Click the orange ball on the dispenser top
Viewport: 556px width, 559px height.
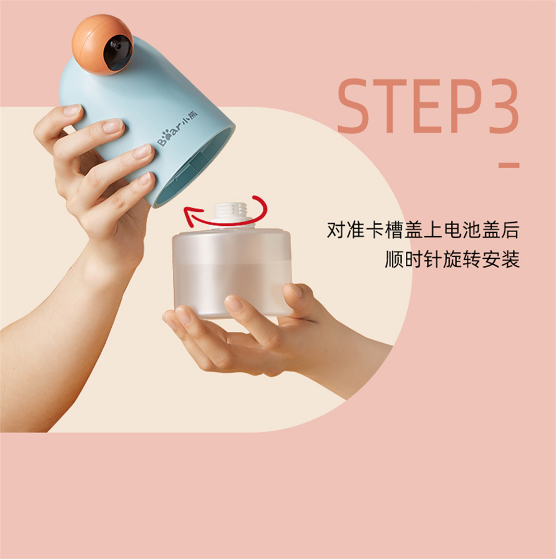click(103, 44)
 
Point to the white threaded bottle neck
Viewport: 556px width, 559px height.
click(231, 215)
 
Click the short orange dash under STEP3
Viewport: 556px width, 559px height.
click(509, 165)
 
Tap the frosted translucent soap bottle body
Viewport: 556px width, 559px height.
click(231, 273)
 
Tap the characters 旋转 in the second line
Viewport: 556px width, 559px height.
click(461, 259)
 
